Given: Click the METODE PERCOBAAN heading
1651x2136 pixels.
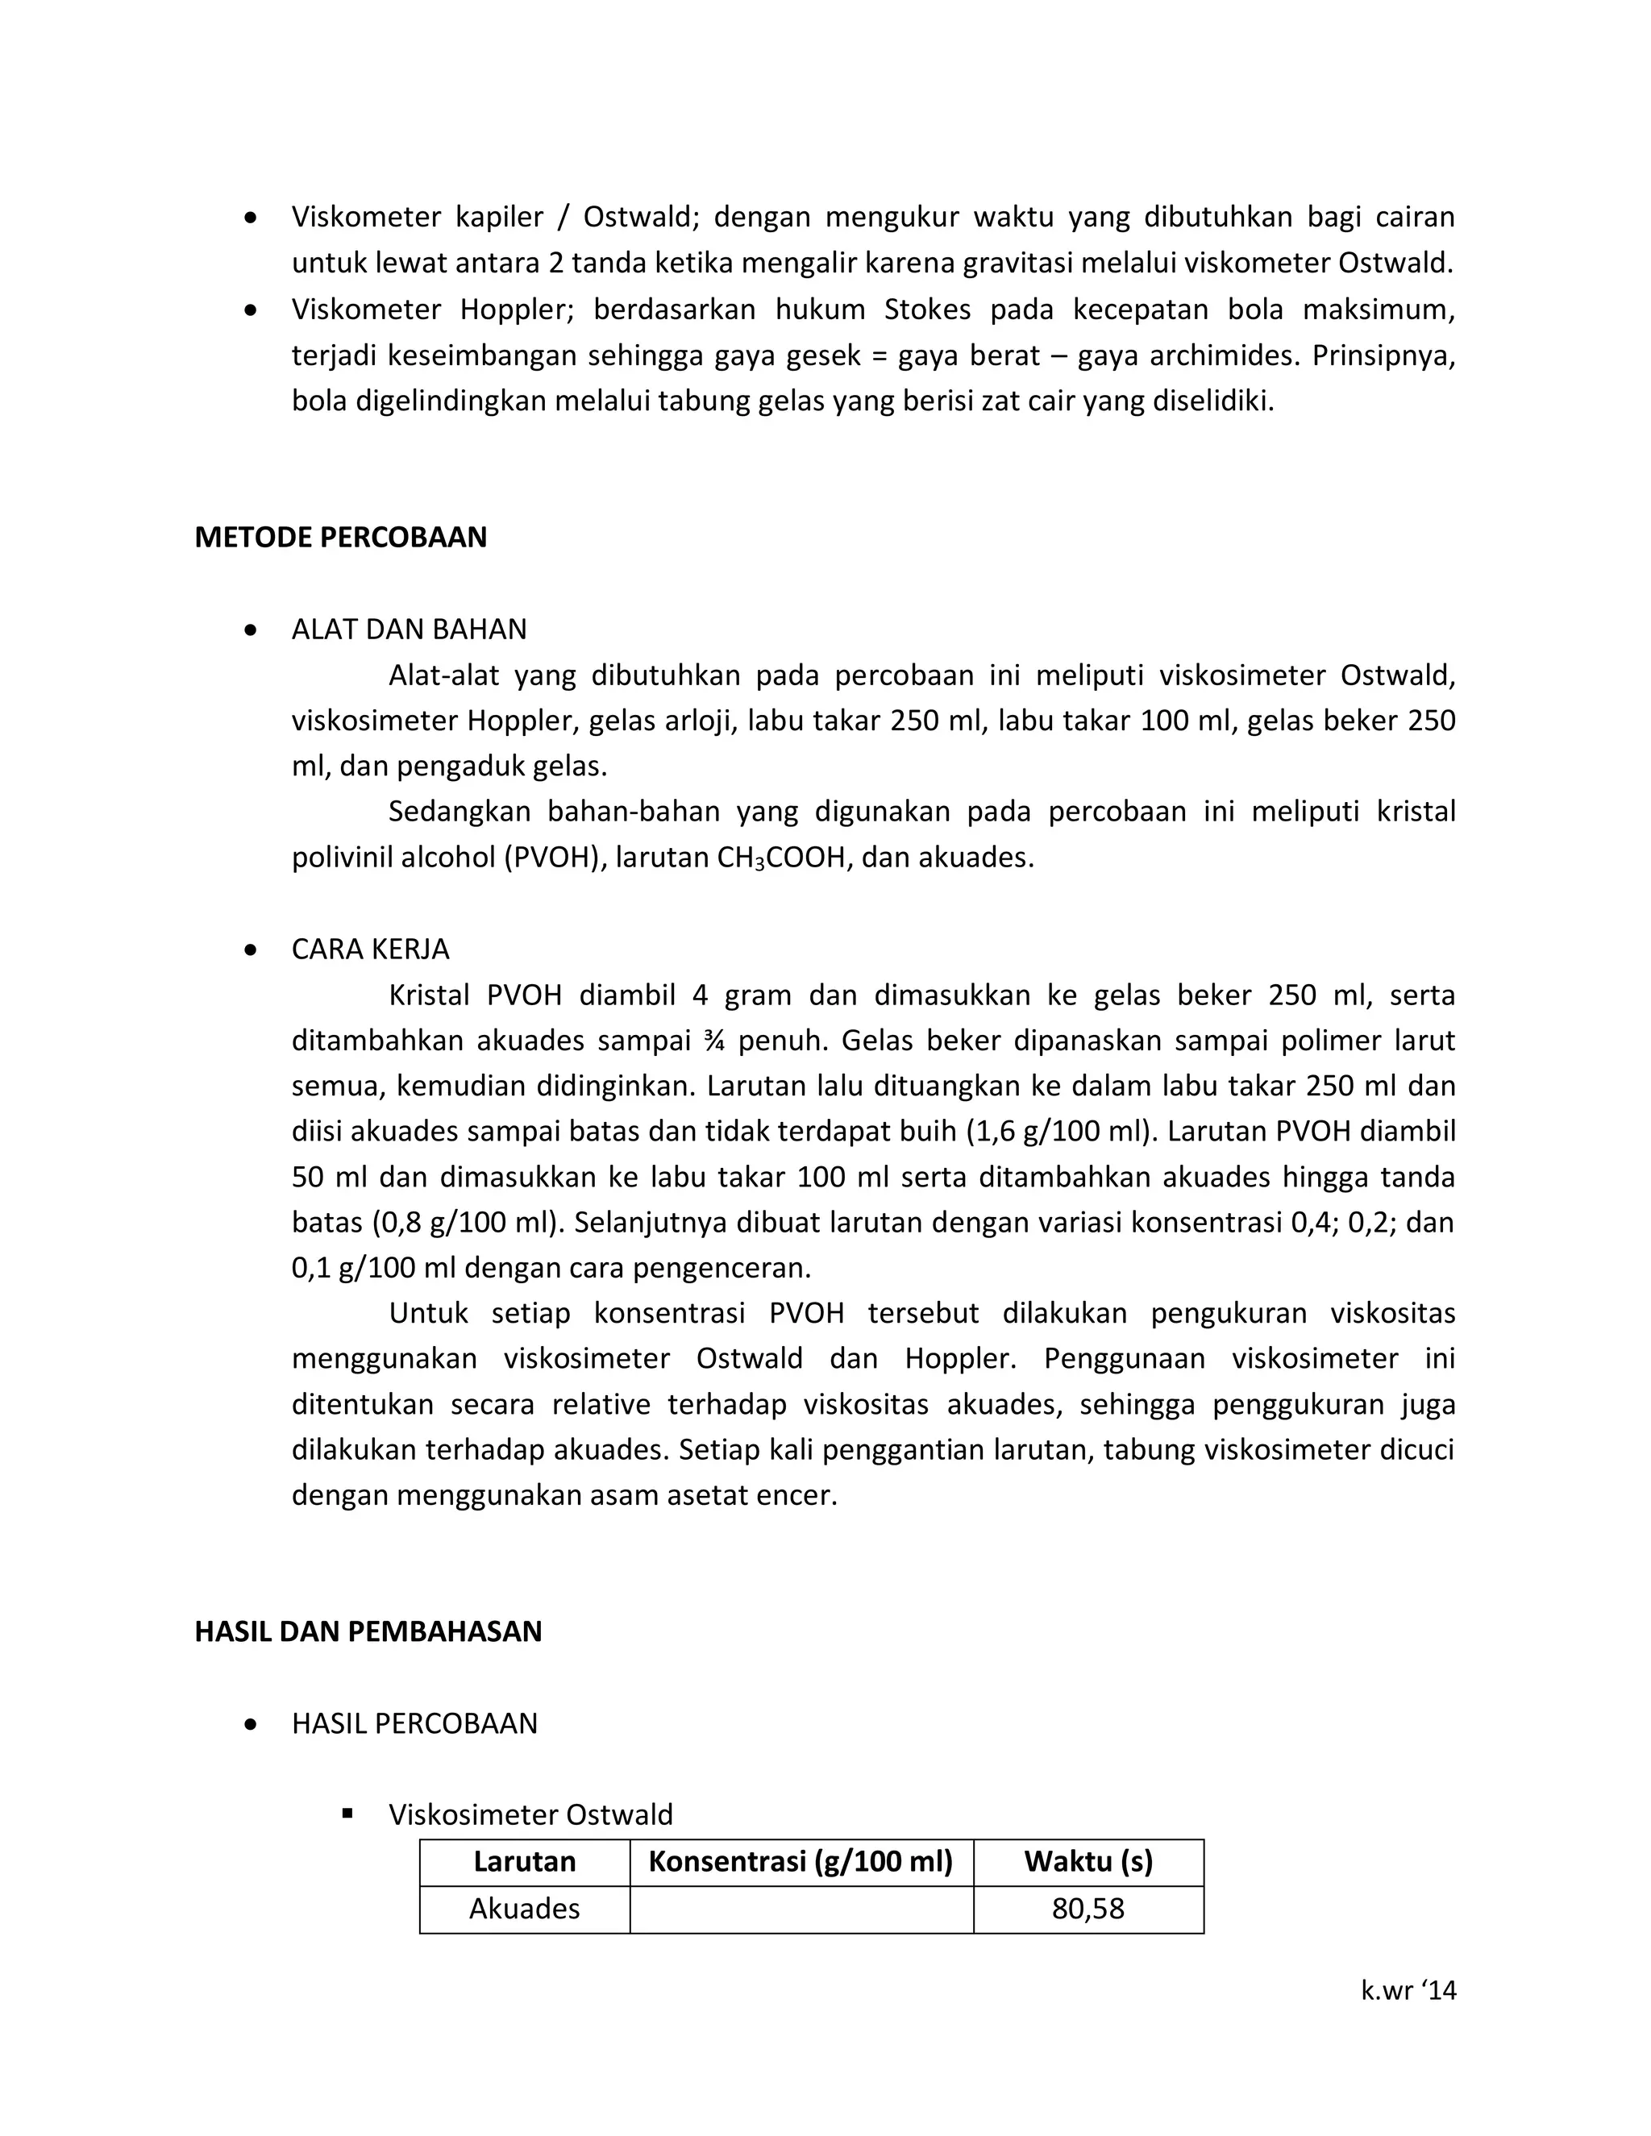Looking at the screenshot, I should (340, 538).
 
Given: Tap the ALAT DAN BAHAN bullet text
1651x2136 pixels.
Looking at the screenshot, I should (409, 629).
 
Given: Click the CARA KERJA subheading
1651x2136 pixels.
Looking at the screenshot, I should (370, 949).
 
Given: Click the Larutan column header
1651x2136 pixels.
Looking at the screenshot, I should (524, 1860).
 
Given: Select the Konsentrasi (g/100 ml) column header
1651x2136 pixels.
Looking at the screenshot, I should (800, 1860).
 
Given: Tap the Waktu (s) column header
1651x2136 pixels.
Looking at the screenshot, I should (1087, 1860).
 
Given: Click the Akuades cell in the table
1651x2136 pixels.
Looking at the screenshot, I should (524, 1908).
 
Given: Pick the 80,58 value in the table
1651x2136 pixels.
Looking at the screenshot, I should (1087, 1908).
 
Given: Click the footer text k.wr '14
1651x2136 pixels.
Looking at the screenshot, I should (1408, 1989).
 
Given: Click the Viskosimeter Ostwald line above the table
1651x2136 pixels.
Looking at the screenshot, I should (530, 1814).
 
